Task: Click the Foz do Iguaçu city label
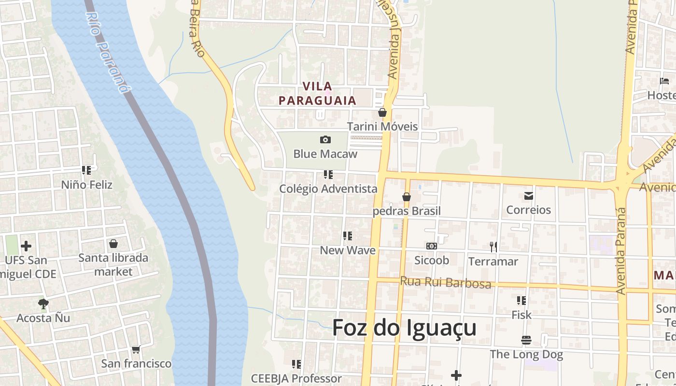coord(404,328)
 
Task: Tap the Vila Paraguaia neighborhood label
coord(317,94)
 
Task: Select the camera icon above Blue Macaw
coord(325,140)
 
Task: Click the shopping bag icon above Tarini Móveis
coord(382,112)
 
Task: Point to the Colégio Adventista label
coord(328,189)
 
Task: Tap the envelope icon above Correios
coord(529,195)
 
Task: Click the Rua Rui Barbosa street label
coord(446,282)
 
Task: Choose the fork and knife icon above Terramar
coord(493,247)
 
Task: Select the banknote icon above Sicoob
coord(432,246)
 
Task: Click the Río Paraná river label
coord(108,52)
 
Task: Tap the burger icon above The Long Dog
coord(526,340)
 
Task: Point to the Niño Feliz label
coord(87,185)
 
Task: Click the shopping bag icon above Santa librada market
coord(113,244)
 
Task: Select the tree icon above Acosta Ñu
coord(43,303)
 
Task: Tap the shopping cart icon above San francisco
coord(136,349)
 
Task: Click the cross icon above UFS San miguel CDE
coord(26,246)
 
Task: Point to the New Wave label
coord(348,250)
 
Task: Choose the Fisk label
coord(521,315)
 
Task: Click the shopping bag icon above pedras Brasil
coord(407,197)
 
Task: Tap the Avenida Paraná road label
coord(621,251)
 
